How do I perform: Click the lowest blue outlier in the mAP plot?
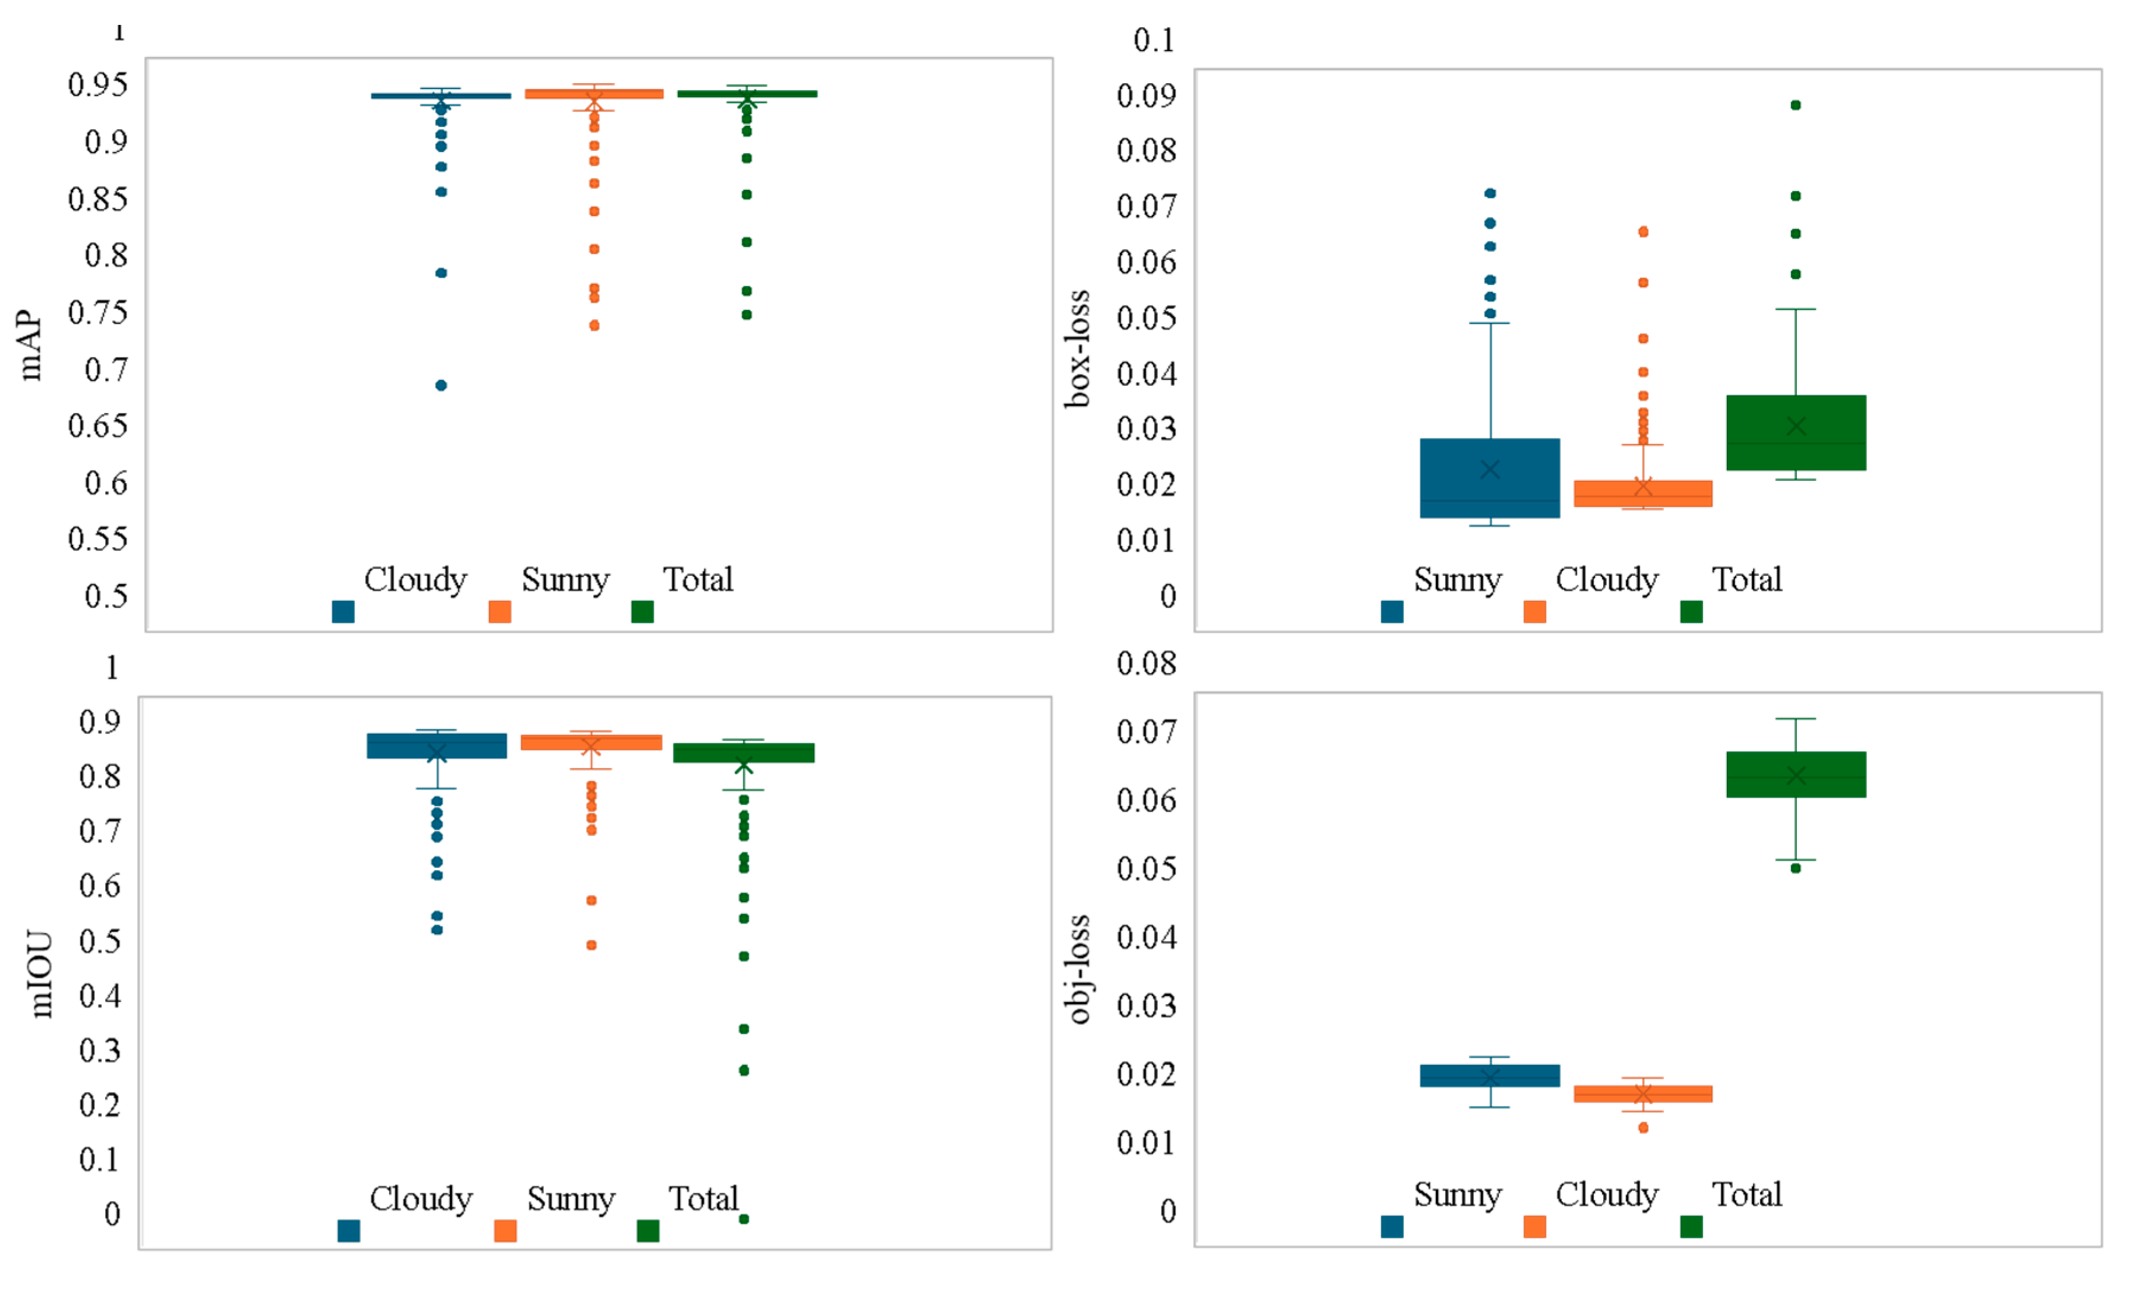441,385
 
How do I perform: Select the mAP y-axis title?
30,345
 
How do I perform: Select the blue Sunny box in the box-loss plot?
1490,478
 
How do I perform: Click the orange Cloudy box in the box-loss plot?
1642,493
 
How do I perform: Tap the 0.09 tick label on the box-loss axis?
1145,95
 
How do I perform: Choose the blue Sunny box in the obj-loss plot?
1490,1075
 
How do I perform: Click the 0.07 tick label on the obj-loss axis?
1145,732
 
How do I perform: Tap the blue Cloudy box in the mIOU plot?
436,746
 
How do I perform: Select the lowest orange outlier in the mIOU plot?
591,945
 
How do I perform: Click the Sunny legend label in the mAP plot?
565,580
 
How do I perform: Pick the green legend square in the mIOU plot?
647,1230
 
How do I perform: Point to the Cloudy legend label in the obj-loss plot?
1607,1195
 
